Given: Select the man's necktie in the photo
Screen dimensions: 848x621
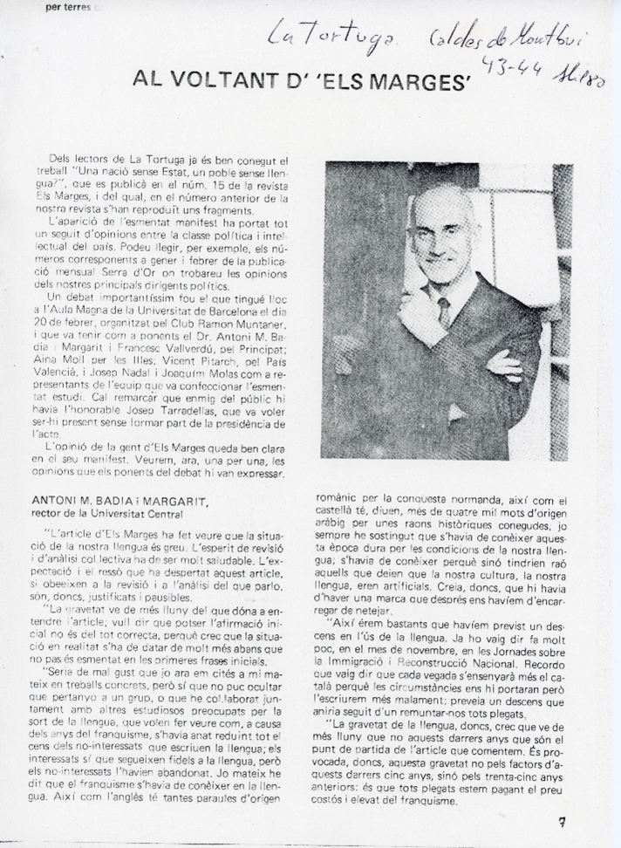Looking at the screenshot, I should tap(443, 312).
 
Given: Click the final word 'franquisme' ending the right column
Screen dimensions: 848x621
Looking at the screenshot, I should tap(424, 783).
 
